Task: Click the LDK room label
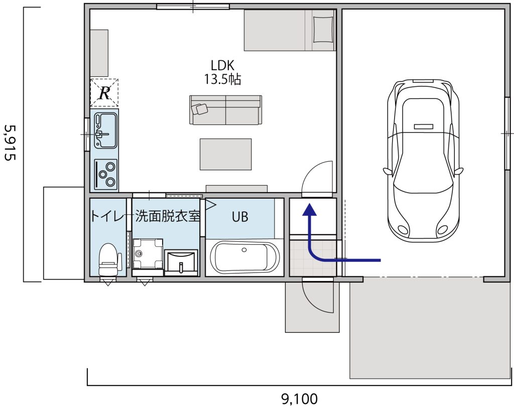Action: pos(223,65)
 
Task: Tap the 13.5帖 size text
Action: pos(223,79)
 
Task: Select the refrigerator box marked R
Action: pos(104,93)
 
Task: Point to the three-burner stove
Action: pos(105,174)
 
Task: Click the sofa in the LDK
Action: pos(225,110)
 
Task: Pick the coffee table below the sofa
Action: pos(225,154)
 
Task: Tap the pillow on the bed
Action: pos(323,29)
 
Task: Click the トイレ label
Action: pos(107,217)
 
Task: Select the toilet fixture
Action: pos(109,258)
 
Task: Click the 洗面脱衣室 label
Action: pos(168,217)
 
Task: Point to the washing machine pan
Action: pos(148,253)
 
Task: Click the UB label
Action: pos(239,217)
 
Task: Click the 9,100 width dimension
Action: pos(299,399)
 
